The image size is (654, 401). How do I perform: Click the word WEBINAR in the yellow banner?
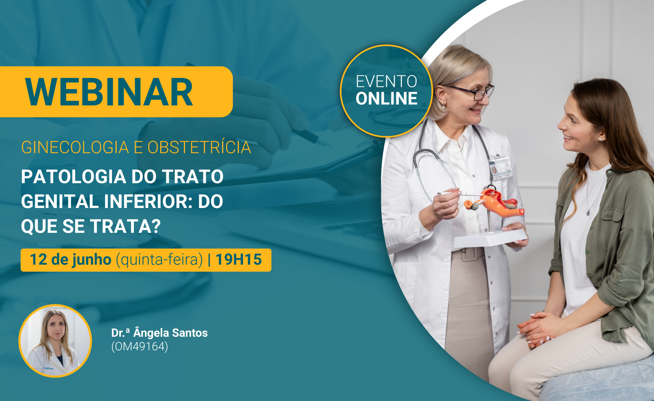[x=109, y=92]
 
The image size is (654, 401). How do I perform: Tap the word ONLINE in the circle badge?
[x=387, y=99]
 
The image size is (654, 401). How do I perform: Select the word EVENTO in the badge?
[x=387, y=81]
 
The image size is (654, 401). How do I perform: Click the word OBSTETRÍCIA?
[x=199, y=147]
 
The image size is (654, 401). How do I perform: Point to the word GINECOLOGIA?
[x=75, y=147]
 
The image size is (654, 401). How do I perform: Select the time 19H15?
[x=239, y=259]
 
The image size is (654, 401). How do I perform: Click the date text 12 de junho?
[x=70, y=259]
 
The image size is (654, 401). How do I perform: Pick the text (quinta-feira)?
[x=159, y=260]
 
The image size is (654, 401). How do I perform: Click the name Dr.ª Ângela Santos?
[x=159, y=333]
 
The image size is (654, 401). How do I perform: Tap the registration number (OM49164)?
[x=140, y=347]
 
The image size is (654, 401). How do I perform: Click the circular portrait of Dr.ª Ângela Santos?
[x=55, y=341]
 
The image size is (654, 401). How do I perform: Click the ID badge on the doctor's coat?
[x=500, y=168]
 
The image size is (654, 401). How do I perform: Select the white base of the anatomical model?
[x=490, y=238]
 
